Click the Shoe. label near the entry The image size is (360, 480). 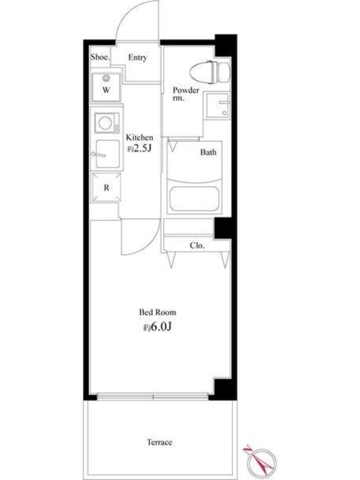tap(100, 56)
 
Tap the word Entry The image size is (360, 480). tap(137, 58)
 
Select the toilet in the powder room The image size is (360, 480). tap(209, 72)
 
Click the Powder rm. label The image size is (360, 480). tap(185, 94)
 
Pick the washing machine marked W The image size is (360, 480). tap(106, 87)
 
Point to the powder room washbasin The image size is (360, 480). tap(218, 106)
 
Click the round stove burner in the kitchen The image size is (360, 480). tap(105, 123)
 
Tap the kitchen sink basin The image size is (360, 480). tap(107, 154)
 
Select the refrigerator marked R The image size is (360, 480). tap(106, 187)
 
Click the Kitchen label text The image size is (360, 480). tap(140, 137)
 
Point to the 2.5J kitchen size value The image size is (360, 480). tap(140, 148)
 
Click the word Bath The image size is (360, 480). tap(208, 152)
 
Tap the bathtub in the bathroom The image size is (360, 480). tap(194, 199)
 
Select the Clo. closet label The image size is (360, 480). tap(197, 245)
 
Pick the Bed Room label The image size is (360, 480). tap(158, 313)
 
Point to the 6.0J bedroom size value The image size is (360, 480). tap(157, 327)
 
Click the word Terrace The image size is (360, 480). tap(160, 442)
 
